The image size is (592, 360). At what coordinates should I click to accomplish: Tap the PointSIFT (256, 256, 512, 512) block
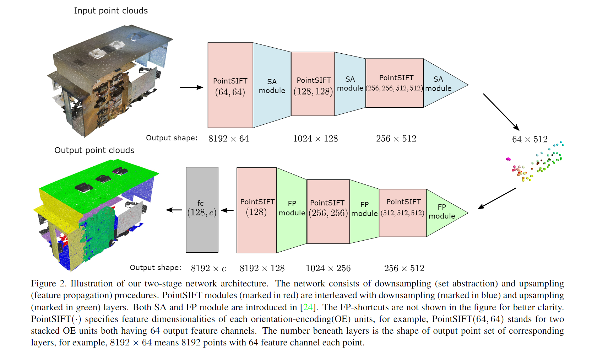point(395,83)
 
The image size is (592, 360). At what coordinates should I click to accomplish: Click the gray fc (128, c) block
point(202,210)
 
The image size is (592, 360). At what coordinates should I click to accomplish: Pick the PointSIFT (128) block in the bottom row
point(256,210)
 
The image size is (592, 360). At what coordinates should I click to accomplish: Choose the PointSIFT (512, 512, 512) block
point(402,213)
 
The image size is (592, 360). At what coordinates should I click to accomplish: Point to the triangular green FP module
point(442,213)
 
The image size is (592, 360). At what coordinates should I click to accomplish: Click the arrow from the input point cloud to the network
point(191,87)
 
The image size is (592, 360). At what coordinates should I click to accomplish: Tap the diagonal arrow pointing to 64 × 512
point(501,112)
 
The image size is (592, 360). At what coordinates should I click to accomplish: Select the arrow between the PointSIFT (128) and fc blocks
point(227,210)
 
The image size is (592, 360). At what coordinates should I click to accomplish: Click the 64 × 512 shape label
point(529,139)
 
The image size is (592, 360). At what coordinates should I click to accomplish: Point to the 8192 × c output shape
point(208,268)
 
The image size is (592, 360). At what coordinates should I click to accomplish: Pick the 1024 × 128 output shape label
point(315,139)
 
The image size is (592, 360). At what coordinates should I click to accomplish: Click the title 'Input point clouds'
point(111,11)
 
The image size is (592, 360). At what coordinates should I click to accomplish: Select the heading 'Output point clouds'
point(94,150)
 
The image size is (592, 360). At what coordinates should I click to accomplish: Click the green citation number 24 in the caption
point(308,307)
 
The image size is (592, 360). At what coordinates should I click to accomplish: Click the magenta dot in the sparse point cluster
point(508,159)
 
